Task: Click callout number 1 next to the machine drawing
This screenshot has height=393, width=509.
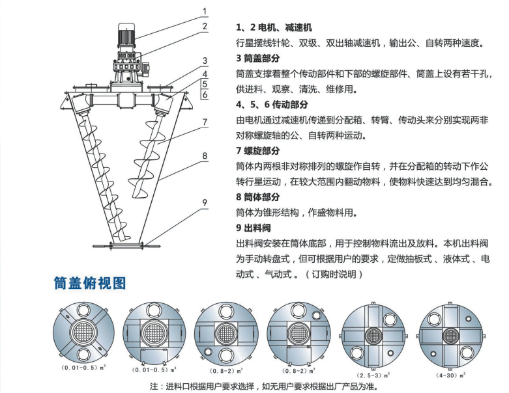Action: (x=204, y=10)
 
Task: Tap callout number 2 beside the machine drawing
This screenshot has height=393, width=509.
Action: (x=204, y=27)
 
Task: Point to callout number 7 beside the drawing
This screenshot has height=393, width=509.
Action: (x=204, y=122)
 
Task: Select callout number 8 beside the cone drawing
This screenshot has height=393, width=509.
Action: (x=204, y=156)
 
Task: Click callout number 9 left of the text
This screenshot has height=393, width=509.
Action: (x=204, y=202)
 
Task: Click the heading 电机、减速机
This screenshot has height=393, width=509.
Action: (x=274, y=28)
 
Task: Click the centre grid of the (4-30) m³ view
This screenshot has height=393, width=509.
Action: (x=449, y=336)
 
